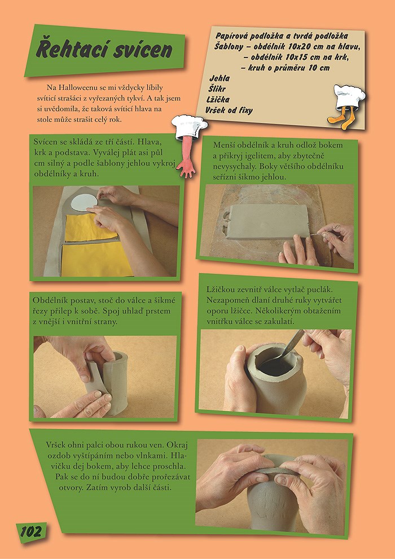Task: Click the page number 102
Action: (x=30, y=532)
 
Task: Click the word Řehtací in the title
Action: (x=73, y=50)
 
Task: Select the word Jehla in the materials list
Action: (x=220, y=78)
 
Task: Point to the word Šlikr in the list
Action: (x=217, y=89)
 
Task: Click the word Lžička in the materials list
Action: (x=218, y=99)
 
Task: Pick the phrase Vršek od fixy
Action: (x=229, y=111)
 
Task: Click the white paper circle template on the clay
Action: (x=84, y=202)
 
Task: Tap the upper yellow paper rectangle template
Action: (x=90, y=228)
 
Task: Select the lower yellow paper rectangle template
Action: (x=97, y=259)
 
